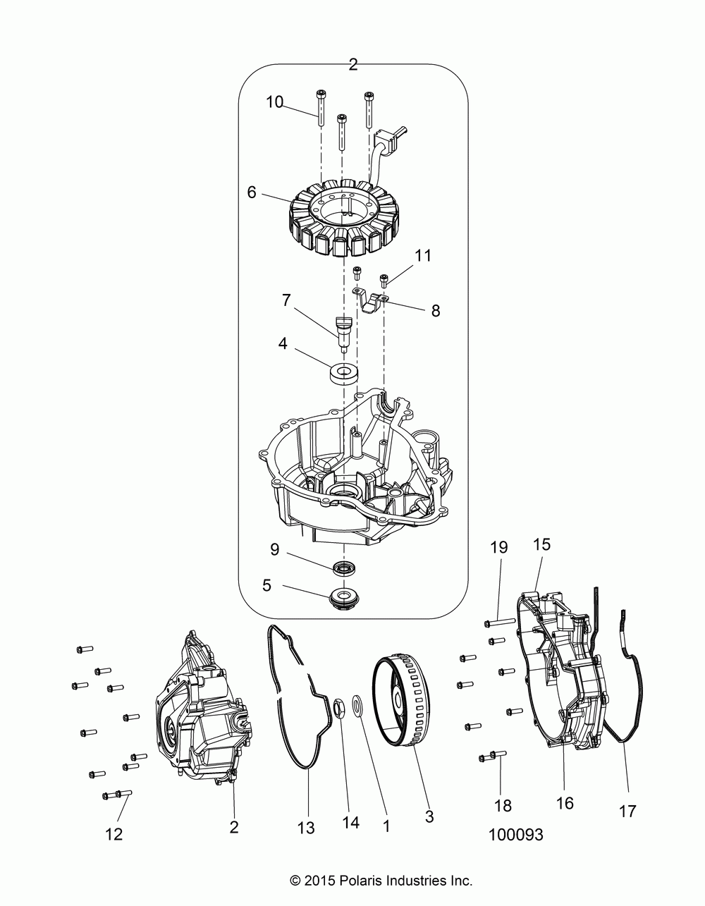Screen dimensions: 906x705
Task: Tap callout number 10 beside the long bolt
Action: coord(274,102)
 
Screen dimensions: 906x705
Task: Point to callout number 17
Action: coord(627,812)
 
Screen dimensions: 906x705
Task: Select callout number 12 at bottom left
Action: coord(114,834)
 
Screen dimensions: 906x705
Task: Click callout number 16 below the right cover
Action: coord(565,802)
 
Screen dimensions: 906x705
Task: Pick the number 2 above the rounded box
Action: coord(353,65)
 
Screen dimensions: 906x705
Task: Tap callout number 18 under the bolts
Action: coord(503,805)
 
